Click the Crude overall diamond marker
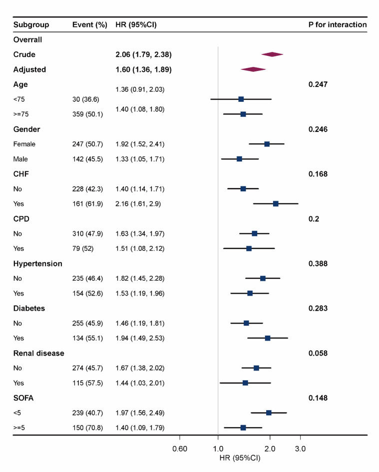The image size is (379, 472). [272, 54]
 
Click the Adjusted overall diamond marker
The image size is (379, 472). [253, 69]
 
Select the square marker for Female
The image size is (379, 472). [267, 144]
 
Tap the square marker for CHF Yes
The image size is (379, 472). [276, 204]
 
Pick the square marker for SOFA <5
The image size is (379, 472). [269, 413]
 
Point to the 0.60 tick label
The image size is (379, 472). [179, 449]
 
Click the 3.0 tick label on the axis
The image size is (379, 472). [300, 449]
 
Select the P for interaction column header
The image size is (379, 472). [338, 24]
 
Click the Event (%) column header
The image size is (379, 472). [90, 24]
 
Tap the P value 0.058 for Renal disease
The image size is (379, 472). [318, 353]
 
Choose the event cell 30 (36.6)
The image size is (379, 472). [87, 99]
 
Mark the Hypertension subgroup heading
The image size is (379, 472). [37, 264]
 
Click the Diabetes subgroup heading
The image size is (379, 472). [29, 308]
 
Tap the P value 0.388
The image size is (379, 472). [318, 264]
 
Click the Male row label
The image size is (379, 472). [21, 159]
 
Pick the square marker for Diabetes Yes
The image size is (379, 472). [268, 338]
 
